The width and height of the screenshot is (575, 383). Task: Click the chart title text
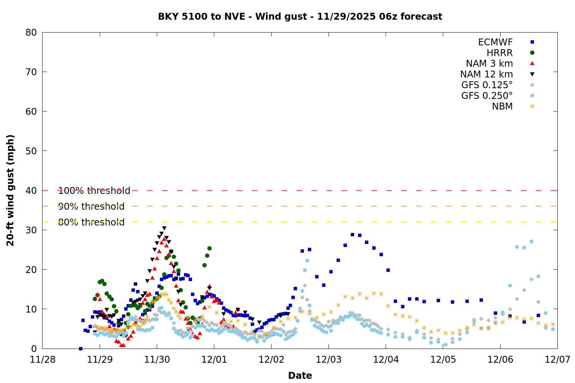coord(300,16)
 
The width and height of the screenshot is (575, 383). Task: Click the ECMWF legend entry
coord(495,42)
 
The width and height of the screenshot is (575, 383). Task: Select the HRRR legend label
coord(499,53)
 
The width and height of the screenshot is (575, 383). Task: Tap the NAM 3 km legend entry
coord(489,64)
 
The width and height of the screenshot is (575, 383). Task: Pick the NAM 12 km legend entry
coord(486,74)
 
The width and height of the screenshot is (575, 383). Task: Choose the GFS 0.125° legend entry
coord(487,85)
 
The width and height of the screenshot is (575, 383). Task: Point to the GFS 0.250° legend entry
coord(487,96)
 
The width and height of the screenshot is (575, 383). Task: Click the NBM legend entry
coord(502,106)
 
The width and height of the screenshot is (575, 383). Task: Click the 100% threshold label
coord(94,191)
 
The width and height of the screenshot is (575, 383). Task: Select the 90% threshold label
coord(91,206)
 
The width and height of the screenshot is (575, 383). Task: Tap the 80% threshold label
coord(91,222)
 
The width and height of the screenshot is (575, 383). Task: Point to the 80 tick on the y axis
coord(31,33)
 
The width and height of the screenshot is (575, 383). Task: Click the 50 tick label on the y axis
coord(31,151)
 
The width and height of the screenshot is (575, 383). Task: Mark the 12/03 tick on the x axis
coord(329,360)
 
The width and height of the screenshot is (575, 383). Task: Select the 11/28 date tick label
coord(43,360)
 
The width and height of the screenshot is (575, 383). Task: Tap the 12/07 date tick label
coord(557,360)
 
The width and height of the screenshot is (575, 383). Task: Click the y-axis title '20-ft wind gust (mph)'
coord(10,190)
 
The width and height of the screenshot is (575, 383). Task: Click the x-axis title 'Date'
coord(300,375)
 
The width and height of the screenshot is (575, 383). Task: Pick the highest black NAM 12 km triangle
coord(164,228)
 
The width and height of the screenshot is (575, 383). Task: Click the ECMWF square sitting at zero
coord(80,349)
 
